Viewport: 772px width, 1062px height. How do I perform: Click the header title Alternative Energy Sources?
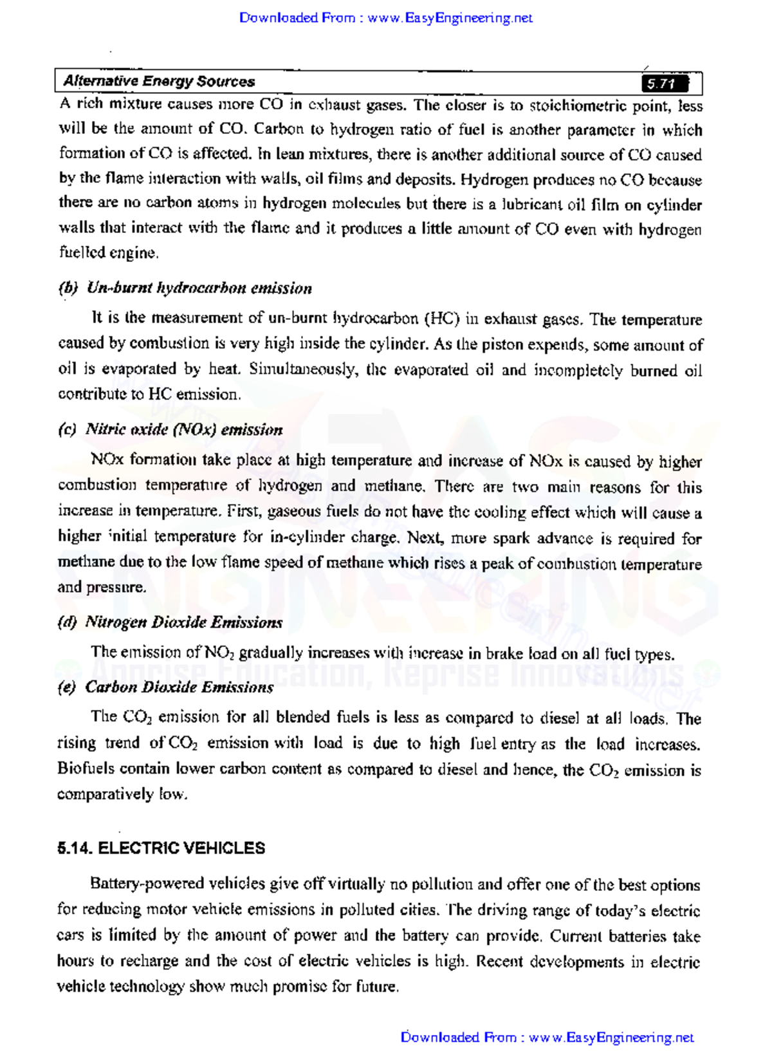159,82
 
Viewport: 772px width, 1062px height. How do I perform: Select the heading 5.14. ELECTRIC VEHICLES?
161,848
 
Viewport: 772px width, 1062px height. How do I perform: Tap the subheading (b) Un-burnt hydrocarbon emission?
185,288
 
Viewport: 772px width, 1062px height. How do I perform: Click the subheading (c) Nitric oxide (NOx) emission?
170,430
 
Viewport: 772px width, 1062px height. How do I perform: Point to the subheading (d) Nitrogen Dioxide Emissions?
170,622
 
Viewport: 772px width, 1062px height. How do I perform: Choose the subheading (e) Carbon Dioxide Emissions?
166,687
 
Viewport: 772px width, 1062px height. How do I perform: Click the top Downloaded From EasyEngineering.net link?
385,18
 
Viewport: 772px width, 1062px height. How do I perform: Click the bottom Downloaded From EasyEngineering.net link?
547,1038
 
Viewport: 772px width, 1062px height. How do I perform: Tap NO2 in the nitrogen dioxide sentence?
220,653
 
